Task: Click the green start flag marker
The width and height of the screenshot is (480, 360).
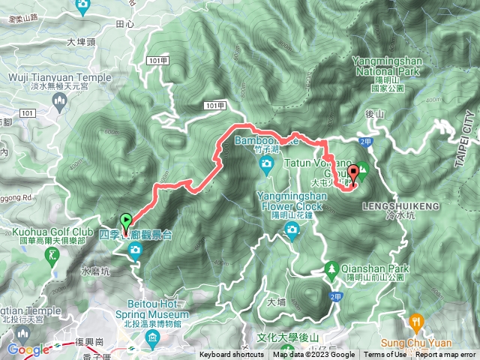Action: [x=126, y=220]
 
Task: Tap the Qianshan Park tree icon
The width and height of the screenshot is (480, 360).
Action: [x=331, y=268]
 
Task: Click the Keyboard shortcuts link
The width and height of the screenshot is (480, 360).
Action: [x=232, y=355]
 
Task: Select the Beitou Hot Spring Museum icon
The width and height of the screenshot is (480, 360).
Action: [x=153, y=342]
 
